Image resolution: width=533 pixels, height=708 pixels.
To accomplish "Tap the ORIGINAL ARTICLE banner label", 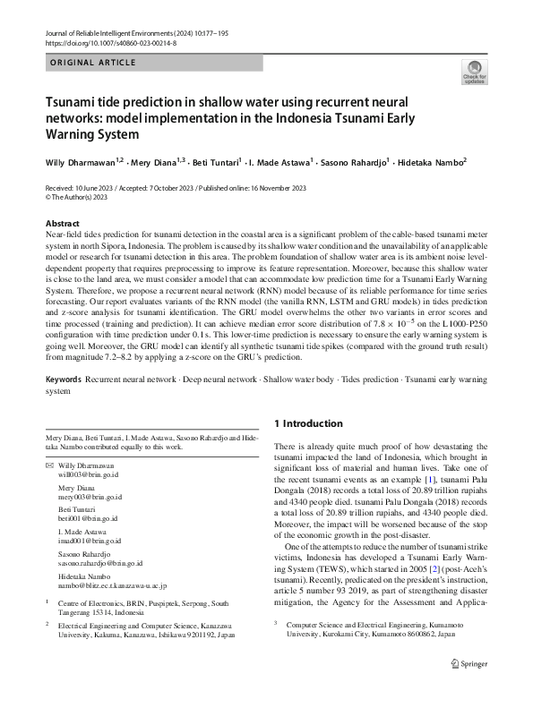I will click(93, 63).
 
